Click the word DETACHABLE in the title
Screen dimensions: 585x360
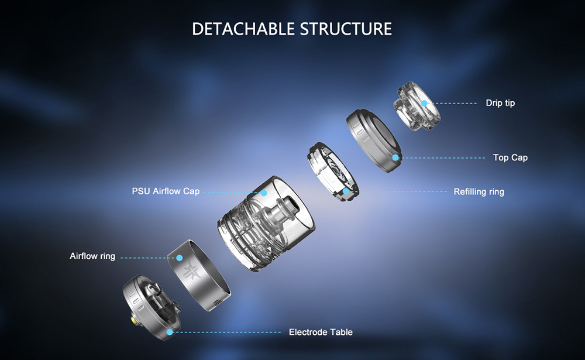tap(243, 29)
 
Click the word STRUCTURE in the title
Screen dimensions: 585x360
tap(346, 29)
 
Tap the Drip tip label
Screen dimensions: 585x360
tap(500, 103)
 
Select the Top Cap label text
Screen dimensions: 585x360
tap(510, 157)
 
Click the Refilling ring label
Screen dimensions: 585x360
tap(479, 191)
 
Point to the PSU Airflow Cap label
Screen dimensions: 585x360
tap(166, 191)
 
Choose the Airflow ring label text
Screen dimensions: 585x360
tap(92, 256)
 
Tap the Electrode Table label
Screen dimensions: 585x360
tap(321, 332)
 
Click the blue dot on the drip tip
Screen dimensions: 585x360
tap(424, 103)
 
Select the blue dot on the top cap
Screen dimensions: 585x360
tap(395, 157)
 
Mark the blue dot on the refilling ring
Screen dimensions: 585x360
tap(346, 191)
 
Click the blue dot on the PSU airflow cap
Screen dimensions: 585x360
tap(264, 193)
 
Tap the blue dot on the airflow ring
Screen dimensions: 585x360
tap(180, 258)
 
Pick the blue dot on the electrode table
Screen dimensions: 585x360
tap(170, 332)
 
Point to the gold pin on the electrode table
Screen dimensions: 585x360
tap(133, 320)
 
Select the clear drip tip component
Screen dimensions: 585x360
tap(417, 106)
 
